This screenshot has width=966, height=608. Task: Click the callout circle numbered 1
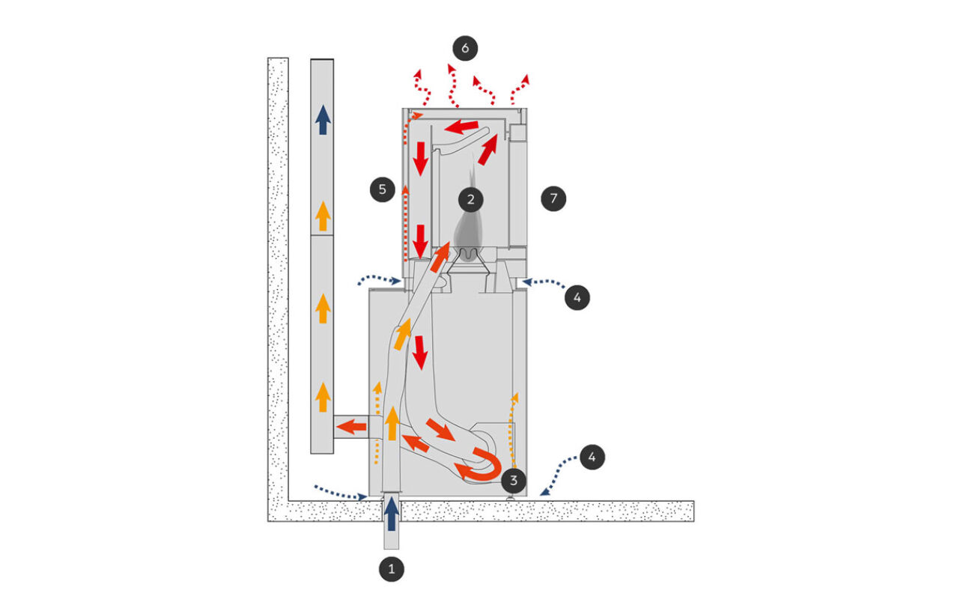392,569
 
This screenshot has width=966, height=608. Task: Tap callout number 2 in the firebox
470,199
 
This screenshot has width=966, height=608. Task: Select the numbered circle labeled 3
513,481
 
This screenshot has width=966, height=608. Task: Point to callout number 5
383,189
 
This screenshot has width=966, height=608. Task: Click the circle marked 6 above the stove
465,48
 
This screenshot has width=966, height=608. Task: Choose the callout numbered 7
553,198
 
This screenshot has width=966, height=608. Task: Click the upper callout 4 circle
577,297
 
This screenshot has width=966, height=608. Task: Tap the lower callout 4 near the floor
592,457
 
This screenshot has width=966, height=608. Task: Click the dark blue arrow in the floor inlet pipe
392,513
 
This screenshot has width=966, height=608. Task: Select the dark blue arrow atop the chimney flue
323,120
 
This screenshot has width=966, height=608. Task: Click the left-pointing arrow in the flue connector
351,428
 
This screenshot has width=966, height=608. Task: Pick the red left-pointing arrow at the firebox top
461,127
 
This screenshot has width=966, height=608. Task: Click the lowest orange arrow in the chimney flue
323,397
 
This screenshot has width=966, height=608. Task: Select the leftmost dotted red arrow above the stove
422,88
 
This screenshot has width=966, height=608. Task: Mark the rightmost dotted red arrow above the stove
520,90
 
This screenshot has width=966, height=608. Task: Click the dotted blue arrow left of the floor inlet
341,493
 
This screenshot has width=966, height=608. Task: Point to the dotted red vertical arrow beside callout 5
405,223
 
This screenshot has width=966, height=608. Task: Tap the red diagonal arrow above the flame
487,150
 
